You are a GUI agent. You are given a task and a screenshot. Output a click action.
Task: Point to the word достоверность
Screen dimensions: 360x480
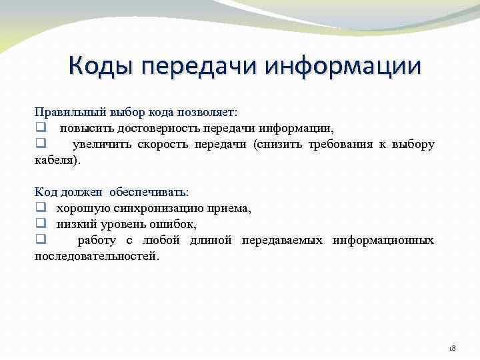click(145, 128)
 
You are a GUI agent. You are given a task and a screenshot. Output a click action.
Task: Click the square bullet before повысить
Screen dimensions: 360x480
click(39, 128)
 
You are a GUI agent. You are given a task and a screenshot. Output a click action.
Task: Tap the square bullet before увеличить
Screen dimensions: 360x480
click(39, 144)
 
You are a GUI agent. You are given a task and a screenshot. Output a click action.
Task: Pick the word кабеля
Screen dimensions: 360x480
click(54, 160)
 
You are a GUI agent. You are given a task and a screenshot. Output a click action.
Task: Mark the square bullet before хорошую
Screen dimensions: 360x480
click(39, 208)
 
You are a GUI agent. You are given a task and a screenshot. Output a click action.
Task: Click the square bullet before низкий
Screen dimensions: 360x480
click(39, 224)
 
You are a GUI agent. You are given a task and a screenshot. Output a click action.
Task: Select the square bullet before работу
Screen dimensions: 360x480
click(39, 240)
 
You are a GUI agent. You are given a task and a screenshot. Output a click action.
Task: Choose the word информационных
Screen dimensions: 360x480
click(384, 240)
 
